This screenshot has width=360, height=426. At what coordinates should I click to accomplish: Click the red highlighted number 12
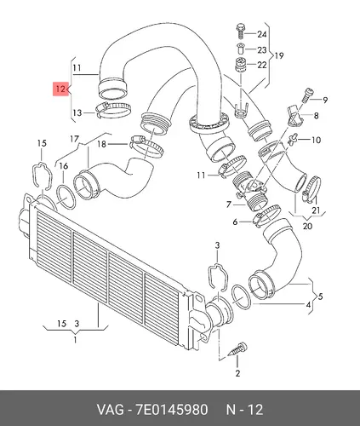pyautogui.click(x=60, y=89)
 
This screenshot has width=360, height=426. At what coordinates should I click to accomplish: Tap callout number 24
pyautogui.click(x=262, y=34)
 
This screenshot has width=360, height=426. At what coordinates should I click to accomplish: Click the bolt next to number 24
pyautogui.click(x=240, y=32)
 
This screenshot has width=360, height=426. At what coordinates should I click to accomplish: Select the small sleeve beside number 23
pyautogui.click(x=240, y=49)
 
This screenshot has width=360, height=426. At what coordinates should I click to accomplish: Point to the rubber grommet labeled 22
pyautogui.click(x=241, y=66)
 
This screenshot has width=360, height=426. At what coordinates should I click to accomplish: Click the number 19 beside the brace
pyautogui.click(x=279, y=55)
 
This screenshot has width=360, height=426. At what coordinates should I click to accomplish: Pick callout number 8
pyautogui.click(x=316, y=116)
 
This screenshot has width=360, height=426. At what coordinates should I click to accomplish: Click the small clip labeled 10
pyautogui.click(x=292, y=139)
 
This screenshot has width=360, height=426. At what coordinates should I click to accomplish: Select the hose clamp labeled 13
pyautogui.click(x=113, y=111)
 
